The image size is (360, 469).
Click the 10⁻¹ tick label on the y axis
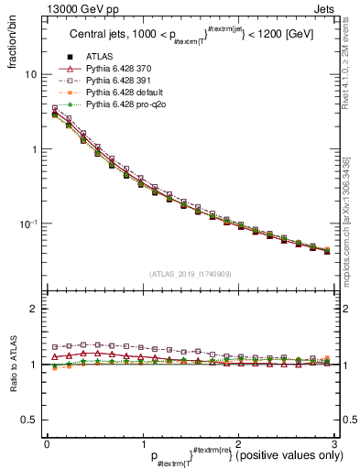[x=27, y=224]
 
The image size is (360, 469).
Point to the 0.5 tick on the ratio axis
[x=28, y=420]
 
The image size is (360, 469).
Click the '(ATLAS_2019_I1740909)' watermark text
[x=190, y=274]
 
